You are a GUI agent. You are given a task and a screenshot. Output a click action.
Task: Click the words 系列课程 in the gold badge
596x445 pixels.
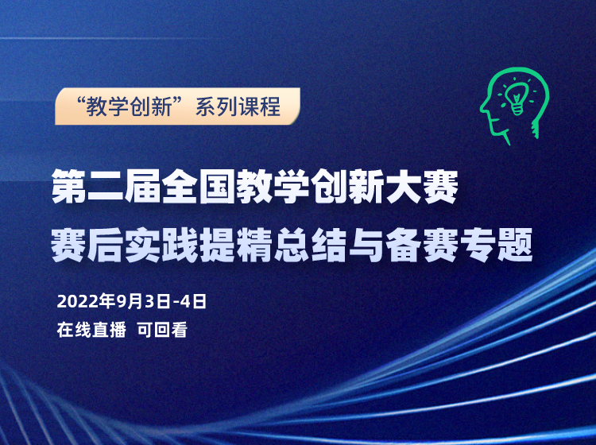[238, 106]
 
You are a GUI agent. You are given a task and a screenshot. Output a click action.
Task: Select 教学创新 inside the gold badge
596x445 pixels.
[129, 106]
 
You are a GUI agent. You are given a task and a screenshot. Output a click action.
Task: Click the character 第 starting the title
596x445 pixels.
[69, 186]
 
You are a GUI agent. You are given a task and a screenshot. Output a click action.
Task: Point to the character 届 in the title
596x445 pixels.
[143, 186]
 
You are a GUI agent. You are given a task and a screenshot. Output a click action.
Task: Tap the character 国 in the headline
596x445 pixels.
[218, 186]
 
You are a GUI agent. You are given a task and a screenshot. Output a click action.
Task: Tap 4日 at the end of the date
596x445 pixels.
[193, 302]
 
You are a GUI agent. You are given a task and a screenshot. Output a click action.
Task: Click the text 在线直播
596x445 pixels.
[91, 330]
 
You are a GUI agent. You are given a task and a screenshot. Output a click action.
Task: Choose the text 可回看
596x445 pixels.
[162, 330]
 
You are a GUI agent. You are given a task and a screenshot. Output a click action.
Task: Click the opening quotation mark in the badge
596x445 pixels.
[80, 101]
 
